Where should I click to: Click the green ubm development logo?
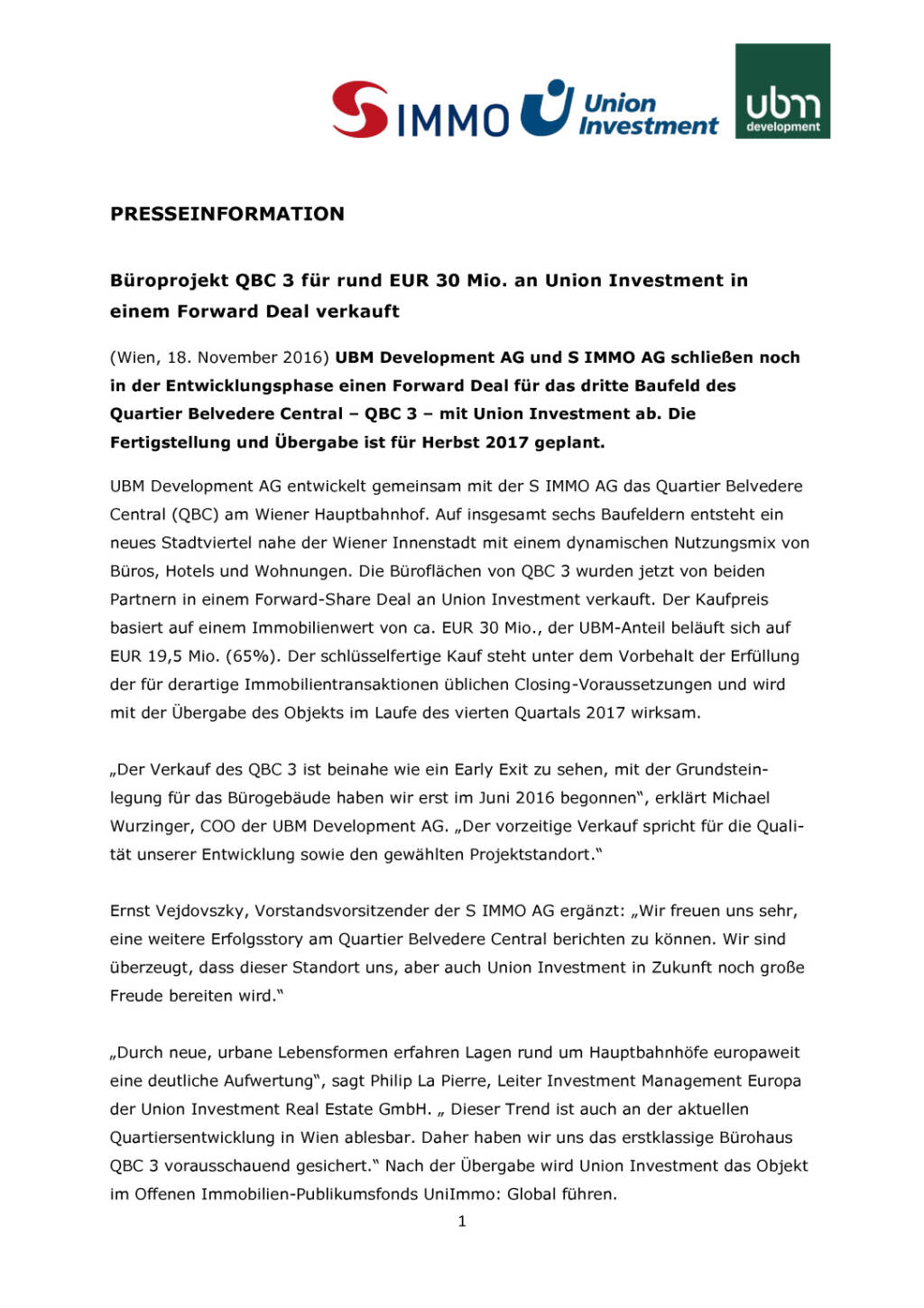tap(782, 91)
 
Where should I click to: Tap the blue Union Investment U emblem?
tap(547, 107)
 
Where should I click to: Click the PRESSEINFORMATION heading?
tap(227, 214)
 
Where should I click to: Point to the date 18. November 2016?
tap(248, 357)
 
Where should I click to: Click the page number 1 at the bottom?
tap(462, 1221)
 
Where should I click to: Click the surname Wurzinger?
tap(147, 826)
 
